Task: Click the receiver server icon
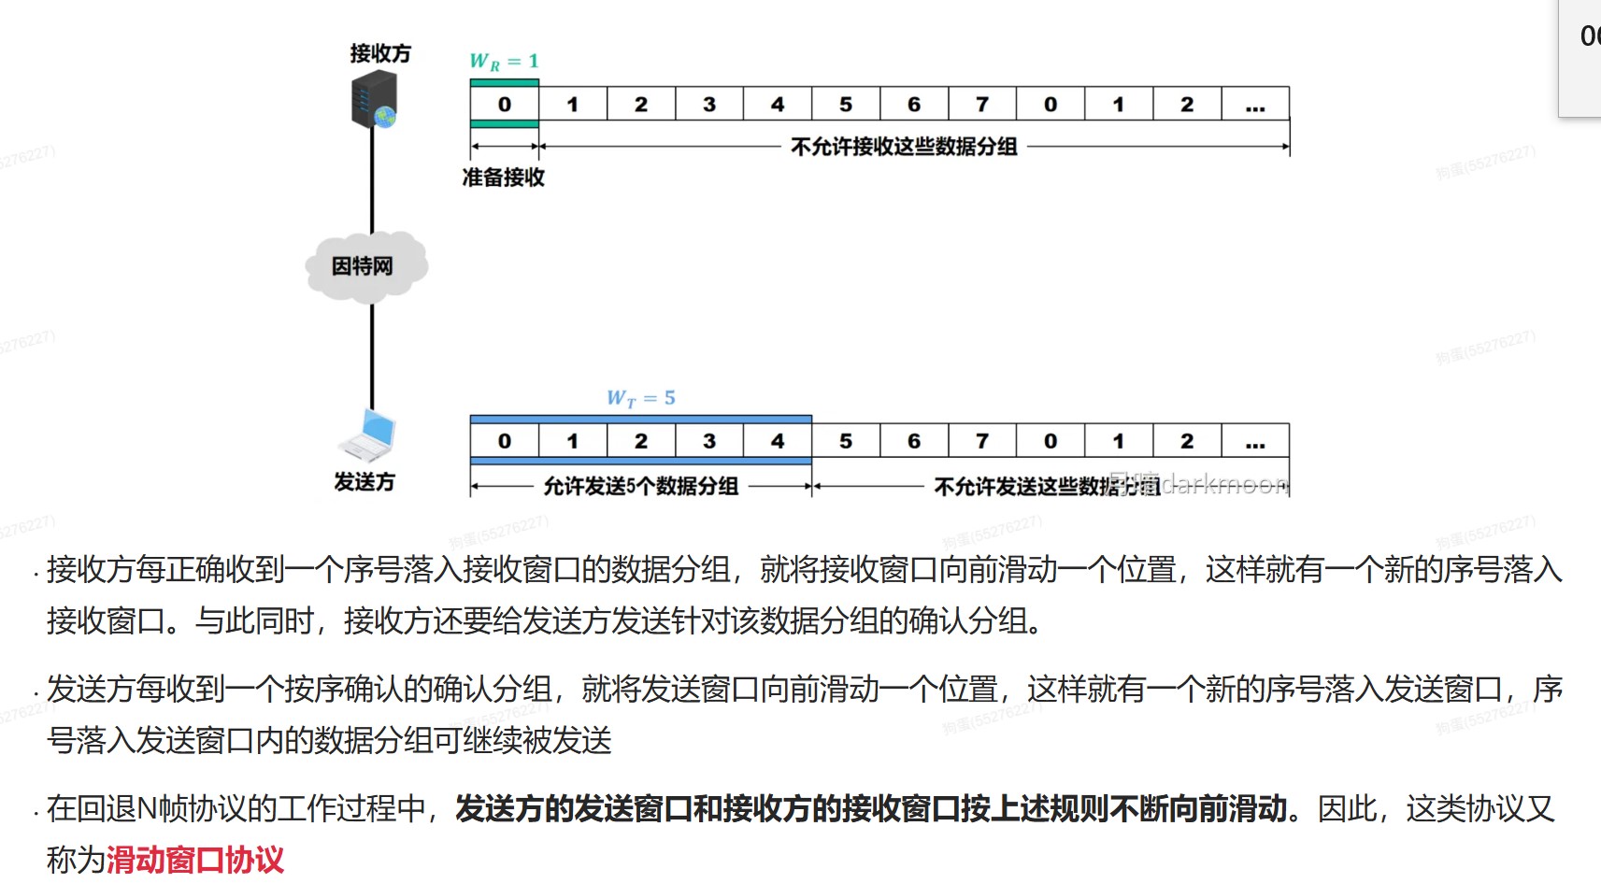click(x=374, y=100)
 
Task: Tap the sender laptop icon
click(x=369, y=435)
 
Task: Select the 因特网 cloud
click(x=365, y=266)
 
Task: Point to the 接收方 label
click(x=380, y=53)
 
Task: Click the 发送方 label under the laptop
click(x=365, y=482)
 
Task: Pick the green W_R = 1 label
click(x=504, y=62)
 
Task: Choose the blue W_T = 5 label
click(x=640, y=398)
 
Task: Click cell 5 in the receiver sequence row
click(x=846, y=105)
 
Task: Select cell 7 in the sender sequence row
click(x=982, y=441)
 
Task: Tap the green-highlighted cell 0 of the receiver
click(x=505, y=105)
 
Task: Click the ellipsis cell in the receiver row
click(x=1255, y=105)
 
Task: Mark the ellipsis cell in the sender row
click(x=1255, y=441)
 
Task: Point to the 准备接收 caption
click(x=504, y=178)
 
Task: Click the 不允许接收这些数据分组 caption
click(x=904, y=147)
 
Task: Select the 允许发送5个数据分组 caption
click(x=641, y=486)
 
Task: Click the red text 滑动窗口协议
click(x=195, y=860)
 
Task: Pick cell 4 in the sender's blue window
click(x=778, y=441)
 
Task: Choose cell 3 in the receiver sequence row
click(x=709, y=105)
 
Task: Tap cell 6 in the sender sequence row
click(x=914, y=441)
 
